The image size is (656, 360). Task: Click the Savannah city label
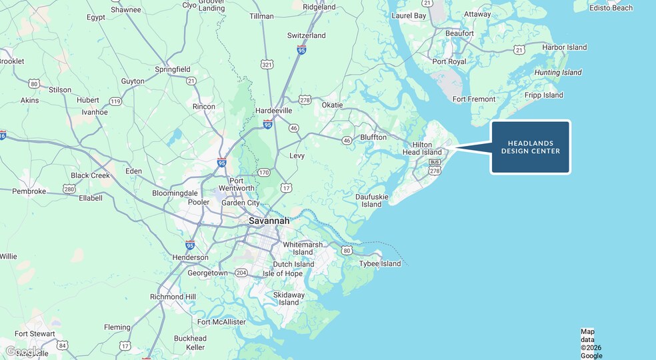click(x=269, y=221)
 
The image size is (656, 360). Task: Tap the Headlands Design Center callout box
click(x=531, y=147)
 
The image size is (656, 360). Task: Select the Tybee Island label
click(x=380, y=263)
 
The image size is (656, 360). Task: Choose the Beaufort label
click(x=459, y=33)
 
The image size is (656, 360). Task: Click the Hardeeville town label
click(x=274, y=111)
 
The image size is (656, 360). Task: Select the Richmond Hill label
click(x=173, y=297)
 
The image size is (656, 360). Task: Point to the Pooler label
click(x=198, y=202)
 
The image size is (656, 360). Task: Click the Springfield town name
click(x=173, y=69)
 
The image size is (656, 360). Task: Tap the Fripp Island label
click(x=543, y=95)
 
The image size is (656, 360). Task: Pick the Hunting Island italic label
click(x=558, y=73)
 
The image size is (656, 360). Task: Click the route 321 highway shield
click(x=267, y=65)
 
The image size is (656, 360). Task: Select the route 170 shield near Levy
click(x=264, y=173)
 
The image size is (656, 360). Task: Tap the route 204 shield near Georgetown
click(x=241, y=273)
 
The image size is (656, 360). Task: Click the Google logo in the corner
click(x=23, y=351)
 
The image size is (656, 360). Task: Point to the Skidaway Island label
click(x=289, y=299)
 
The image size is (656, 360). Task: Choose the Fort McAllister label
click(x=221, y=322)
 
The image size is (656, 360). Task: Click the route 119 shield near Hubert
click(x=116, y=101)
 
